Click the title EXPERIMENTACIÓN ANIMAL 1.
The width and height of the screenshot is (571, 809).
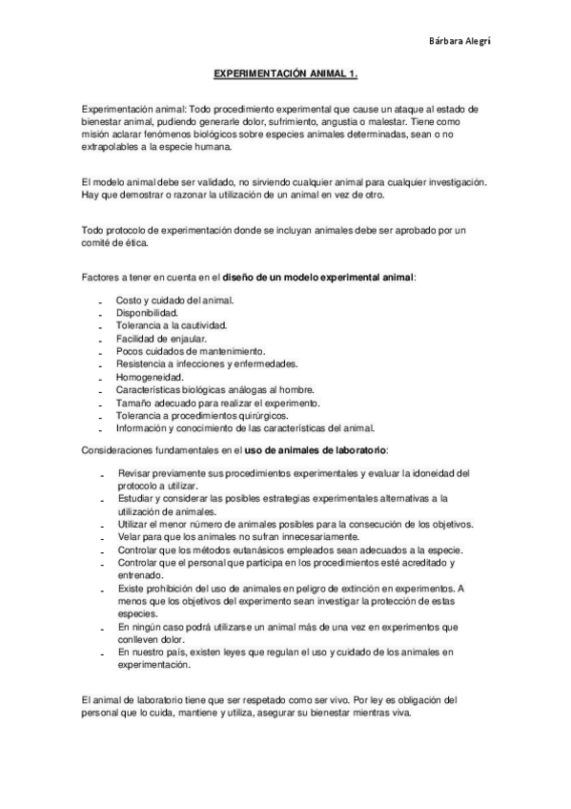[284, 72]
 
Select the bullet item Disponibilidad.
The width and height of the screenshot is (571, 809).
[147, 312]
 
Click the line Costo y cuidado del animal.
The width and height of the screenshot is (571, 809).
[175, 300]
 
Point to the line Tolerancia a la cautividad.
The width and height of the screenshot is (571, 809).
[172, 325]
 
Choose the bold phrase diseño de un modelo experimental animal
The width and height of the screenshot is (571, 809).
[318, 277]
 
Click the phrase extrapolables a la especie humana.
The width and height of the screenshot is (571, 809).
[156, 148]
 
